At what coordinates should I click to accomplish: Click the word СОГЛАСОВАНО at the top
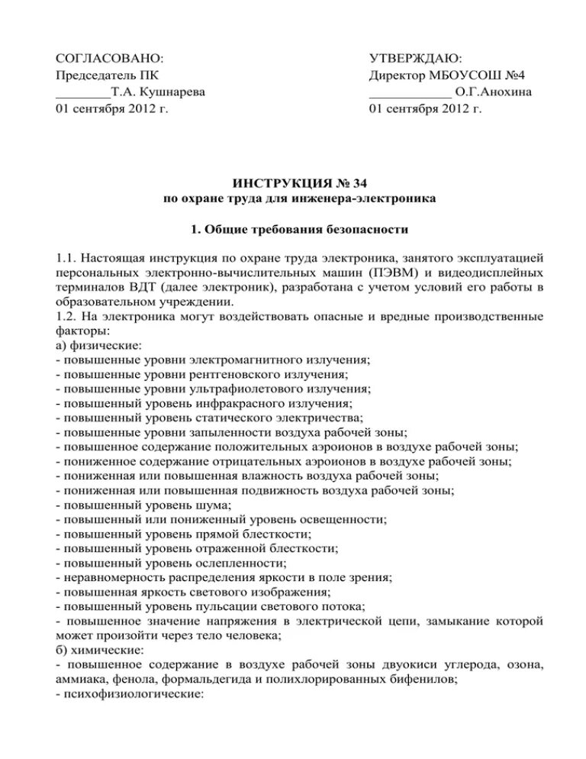pyautogui.click(x=110, y=59)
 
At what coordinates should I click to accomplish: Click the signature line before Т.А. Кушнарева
pyautogui.click(x=83, y=95)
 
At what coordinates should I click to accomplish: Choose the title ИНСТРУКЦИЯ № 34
pyautogui.click(x=292, y=184)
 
